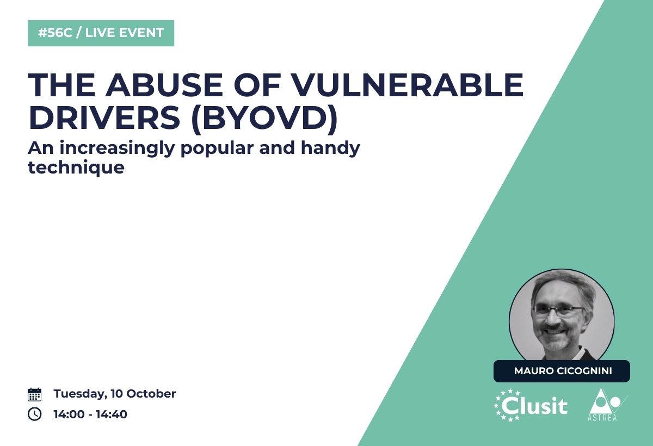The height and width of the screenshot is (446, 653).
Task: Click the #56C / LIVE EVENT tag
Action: click(x=101, y=33)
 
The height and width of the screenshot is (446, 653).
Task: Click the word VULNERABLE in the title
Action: click(x=407, y=85)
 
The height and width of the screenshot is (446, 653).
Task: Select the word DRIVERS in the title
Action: click(x=104, y=117)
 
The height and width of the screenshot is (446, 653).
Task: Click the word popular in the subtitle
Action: click(x=217, y=149)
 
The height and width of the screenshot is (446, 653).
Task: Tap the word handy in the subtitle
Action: click(x=331, y=149)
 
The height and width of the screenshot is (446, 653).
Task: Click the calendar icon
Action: click(x=34, y=394)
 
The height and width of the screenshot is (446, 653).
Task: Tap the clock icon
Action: click(x=34, y=414)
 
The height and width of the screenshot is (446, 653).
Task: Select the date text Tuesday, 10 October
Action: click(x=115, y=394)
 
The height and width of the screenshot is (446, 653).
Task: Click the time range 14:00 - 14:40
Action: click(x=90, y=414)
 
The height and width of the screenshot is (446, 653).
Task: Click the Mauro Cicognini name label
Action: click(x=562, y=371)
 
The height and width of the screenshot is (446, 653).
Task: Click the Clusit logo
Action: click(x=531, y=405)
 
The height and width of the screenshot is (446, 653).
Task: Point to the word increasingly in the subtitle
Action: click(x=117, y=149)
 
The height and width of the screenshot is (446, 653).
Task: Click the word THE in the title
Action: click(x=61, y=85)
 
